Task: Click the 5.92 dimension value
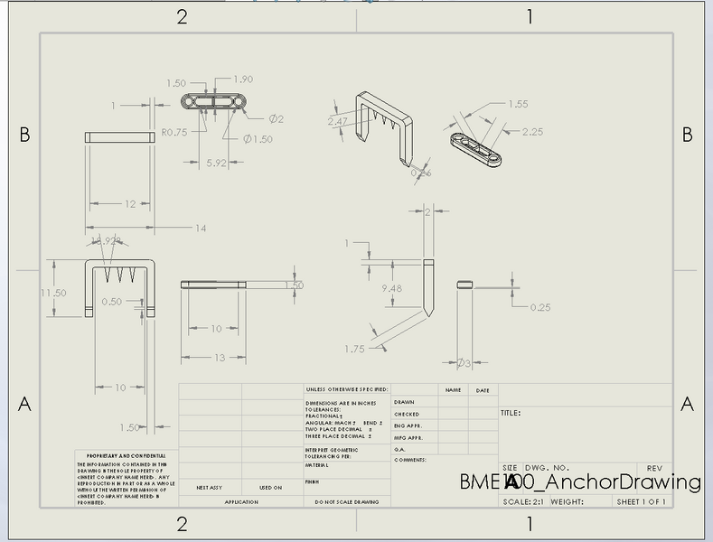coord(216,163)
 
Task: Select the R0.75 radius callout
coord(174,132)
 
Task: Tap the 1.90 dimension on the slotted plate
coord(243,79)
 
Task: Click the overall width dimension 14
coord(200,228)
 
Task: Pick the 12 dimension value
coord(129,204)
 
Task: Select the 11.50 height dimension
coord(54,293)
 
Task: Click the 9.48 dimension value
coord(392,288)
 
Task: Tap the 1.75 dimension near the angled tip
coord(354,349)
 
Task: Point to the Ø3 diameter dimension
coord(464,362)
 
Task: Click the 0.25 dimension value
coord(540,307)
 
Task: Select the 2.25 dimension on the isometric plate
coord(532,132)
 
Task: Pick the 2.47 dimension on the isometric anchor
coord(338,121)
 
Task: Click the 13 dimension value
coord(220,358)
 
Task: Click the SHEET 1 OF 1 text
coord(641,502)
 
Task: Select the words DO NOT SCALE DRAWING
coord(347,501)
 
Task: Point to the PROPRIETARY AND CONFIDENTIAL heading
coord(126,455)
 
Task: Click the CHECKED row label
coord(407,414)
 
